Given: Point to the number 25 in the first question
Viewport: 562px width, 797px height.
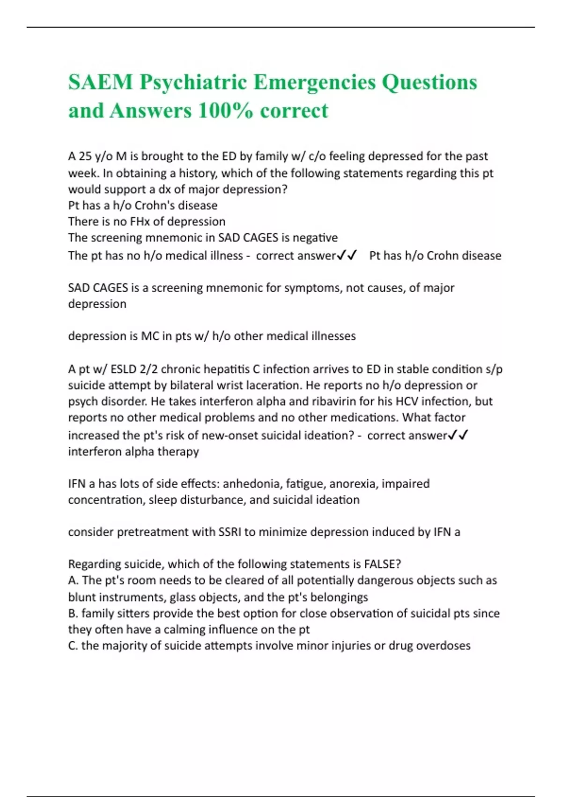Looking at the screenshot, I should (x=85, y=156).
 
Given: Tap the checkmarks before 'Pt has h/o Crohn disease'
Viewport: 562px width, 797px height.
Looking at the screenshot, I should (x=348, y=255).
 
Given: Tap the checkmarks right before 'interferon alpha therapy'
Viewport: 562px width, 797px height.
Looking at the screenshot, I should (x=458, y=435).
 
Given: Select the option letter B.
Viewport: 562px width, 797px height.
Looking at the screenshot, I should (x=73, y=613).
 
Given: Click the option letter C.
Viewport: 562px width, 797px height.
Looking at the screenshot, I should (x=73, y=646).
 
